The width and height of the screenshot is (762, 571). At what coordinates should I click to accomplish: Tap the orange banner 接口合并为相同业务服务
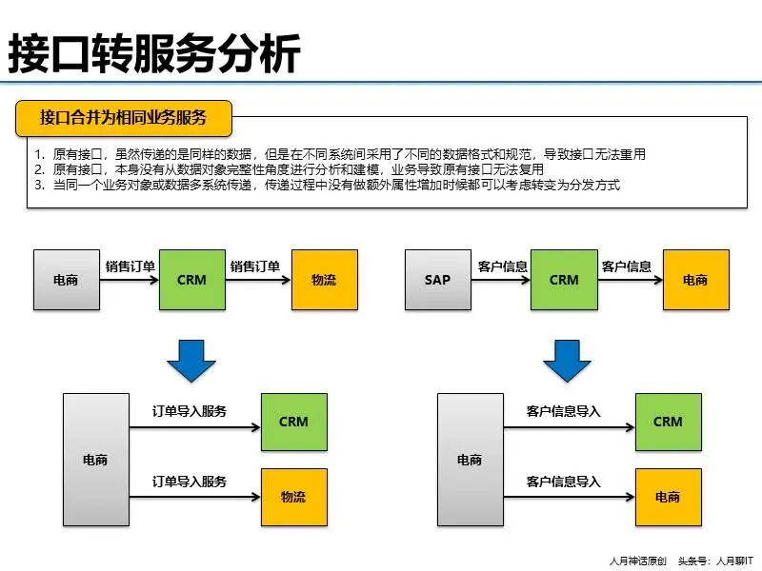point(123,118)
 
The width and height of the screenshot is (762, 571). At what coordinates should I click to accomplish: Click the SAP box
point(437,280)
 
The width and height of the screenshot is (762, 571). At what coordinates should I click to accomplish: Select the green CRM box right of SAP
point(564,280)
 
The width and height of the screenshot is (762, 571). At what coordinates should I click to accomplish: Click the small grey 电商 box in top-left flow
point(66,280)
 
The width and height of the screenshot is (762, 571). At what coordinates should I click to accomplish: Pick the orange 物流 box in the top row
point(324,280)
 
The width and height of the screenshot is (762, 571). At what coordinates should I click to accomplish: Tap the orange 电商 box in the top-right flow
point(695,280)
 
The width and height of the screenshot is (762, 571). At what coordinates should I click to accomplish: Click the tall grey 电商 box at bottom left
point(95,460)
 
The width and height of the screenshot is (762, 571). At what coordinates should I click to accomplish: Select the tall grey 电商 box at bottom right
point(469,460)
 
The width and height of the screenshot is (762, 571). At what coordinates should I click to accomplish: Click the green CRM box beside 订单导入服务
point(293,422)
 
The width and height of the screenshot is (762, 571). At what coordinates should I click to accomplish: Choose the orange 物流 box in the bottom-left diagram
point(293,497)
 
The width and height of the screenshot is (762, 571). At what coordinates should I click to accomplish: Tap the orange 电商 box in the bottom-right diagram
point(668,497)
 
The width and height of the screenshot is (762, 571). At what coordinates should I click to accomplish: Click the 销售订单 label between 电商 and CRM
point(130,266)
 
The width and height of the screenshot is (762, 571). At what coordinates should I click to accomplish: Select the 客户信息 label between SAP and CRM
point(502,266)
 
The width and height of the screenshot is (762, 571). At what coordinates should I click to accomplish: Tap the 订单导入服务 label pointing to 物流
point(190,482)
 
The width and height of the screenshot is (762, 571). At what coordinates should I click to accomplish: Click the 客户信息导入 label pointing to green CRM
point(563,411)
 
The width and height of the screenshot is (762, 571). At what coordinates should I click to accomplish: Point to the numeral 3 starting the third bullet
point(38,185)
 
